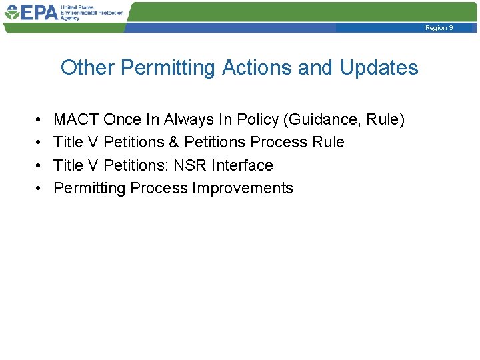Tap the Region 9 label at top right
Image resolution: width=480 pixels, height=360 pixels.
click(x=439, y=28)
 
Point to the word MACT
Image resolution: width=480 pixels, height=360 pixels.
click(x=76, y=120)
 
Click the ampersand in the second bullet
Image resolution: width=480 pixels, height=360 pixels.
click(x=173, y=143)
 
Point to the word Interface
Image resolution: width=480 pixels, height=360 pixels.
click(x=242, y=165)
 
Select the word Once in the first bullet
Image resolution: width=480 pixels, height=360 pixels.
click(x=122, y=120)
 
